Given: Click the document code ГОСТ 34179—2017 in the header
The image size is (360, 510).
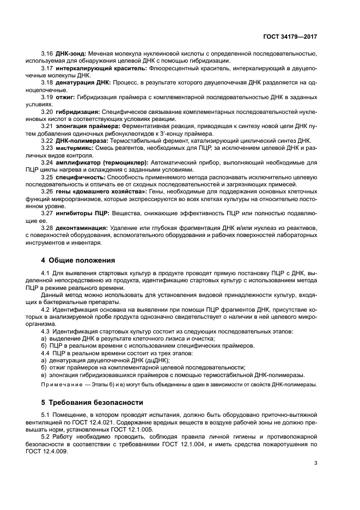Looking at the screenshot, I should (290, 36).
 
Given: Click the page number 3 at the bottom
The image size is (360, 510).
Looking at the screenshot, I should (315, 464).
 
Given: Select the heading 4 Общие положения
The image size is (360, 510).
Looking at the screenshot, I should (78, 259).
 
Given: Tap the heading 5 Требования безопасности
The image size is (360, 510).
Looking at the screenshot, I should (92, 402).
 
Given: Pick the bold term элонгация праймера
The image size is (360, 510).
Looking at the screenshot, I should (82, 126).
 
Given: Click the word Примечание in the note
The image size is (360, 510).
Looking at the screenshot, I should (60, 385).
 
